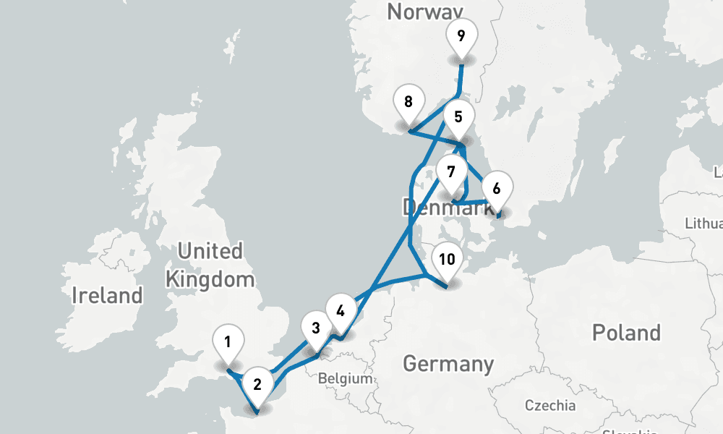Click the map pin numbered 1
tap(228, 341)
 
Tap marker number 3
tap(315, 328)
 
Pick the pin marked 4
tap(341, 310)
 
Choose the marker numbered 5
tap(458, 116)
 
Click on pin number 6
tap(496, 190)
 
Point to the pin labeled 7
tap(451, 173)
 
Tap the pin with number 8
tap(408, 102)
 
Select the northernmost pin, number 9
tap(461, 35)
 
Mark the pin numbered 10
tap(447, 260)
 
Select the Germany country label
tap(448, 363)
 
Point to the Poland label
tap(626, 333)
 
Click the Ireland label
tap(107, 295)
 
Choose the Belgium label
tap(346, 378)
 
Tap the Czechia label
tap(550, 405)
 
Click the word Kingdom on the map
tap(210, 279)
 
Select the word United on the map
tap(210, 252)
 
